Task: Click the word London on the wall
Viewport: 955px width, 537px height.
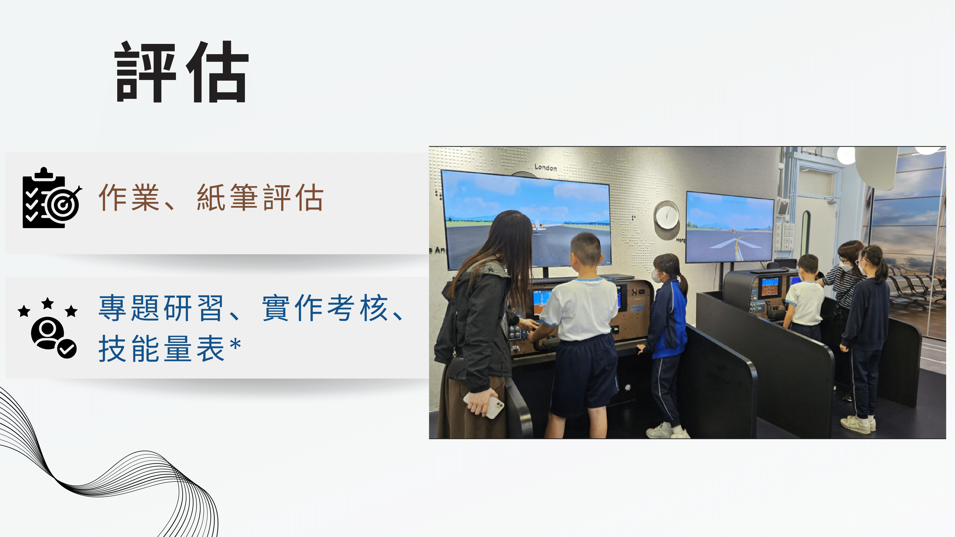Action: click(545, 168)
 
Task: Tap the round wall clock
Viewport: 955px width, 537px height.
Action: click(667, 215)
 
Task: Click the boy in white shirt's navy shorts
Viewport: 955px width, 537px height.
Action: click(584, 374)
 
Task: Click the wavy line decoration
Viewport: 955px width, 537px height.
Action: click(107, 467)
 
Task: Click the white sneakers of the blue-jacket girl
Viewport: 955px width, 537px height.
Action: click(667, 431)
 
